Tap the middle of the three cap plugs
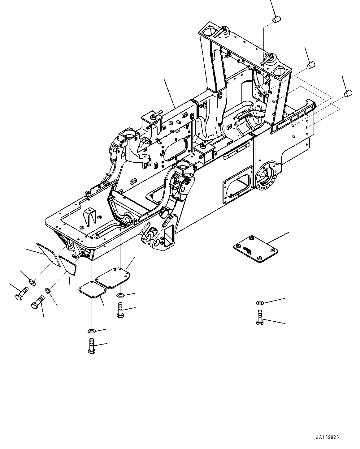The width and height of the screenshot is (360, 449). point(311,65)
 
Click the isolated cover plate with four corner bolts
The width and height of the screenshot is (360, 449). point(254,248)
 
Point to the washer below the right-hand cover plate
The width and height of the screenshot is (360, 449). point(260,302)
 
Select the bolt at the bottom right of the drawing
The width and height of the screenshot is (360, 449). point(260,318)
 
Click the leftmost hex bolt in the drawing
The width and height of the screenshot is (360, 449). point(21,293)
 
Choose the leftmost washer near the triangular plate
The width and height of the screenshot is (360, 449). point(32,282)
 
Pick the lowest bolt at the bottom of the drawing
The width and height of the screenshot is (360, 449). point(91,346)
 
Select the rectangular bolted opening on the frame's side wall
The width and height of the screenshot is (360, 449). point(237,186)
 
